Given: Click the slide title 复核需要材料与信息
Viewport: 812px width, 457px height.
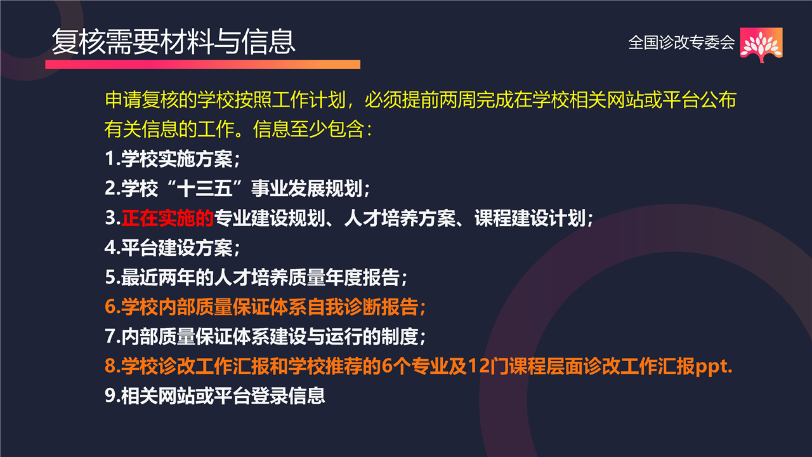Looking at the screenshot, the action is (x=173, y=42).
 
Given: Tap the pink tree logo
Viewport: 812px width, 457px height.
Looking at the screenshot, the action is (x=761, y=44).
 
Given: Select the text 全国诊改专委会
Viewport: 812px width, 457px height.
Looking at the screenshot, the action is (x=681, y=43).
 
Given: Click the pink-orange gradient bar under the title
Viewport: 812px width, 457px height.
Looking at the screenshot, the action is (x=202, y=65).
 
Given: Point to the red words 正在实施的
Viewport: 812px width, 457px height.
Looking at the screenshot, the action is (x=167, y=218).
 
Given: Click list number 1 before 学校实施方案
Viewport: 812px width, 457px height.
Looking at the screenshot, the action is (x=110, y=159).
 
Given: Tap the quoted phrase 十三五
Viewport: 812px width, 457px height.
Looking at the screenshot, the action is (x=205, y=189).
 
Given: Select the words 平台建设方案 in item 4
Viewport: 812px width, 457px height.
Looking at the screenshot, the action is (x=177, y=248).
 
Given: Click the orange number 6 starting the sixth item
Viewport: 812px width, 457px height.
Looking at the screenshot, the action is (x=110, y=307).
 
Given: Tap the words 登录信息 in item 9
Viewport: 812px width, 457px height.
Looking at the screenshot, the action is (x=288, y=395).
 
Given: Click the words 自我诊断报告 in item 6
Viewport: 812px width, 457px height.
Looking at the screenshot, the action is (x=362, y=307).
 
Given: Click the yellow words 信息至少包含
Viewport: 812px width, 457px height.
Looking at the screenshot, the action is (x=309, y=129).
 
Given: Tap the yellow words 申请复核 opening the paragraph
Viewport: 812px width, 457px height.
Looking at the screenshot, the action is (x=141, y=100).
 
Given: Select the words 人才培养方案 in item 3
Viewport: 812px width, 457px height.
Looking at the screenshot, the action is (x=400, y=218).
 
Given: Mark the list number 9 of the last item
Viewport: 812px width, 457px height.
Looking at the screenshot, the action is (x=110, y=395).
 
